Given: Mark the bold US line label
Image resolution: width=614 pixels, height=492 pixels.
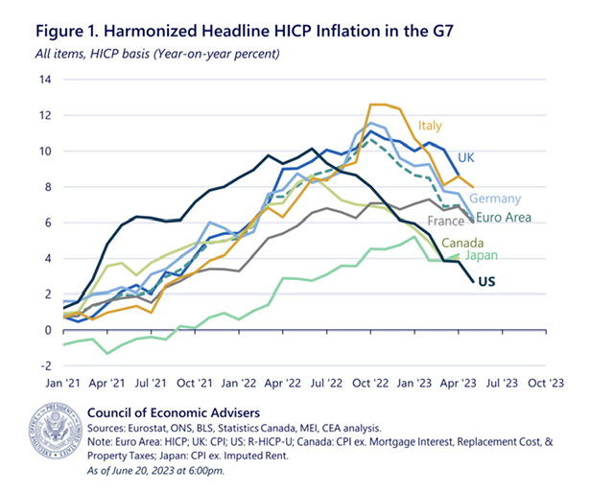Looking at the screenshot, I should point(487,281).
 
